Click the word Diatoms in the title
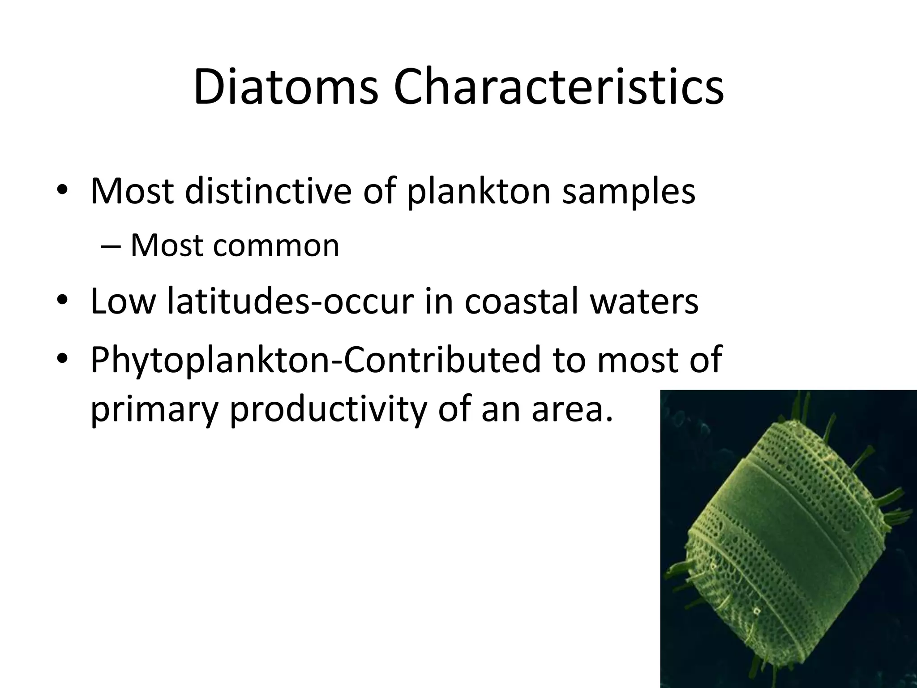286,87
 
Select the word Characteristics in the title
558,87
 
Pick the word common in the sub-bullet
276,246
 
